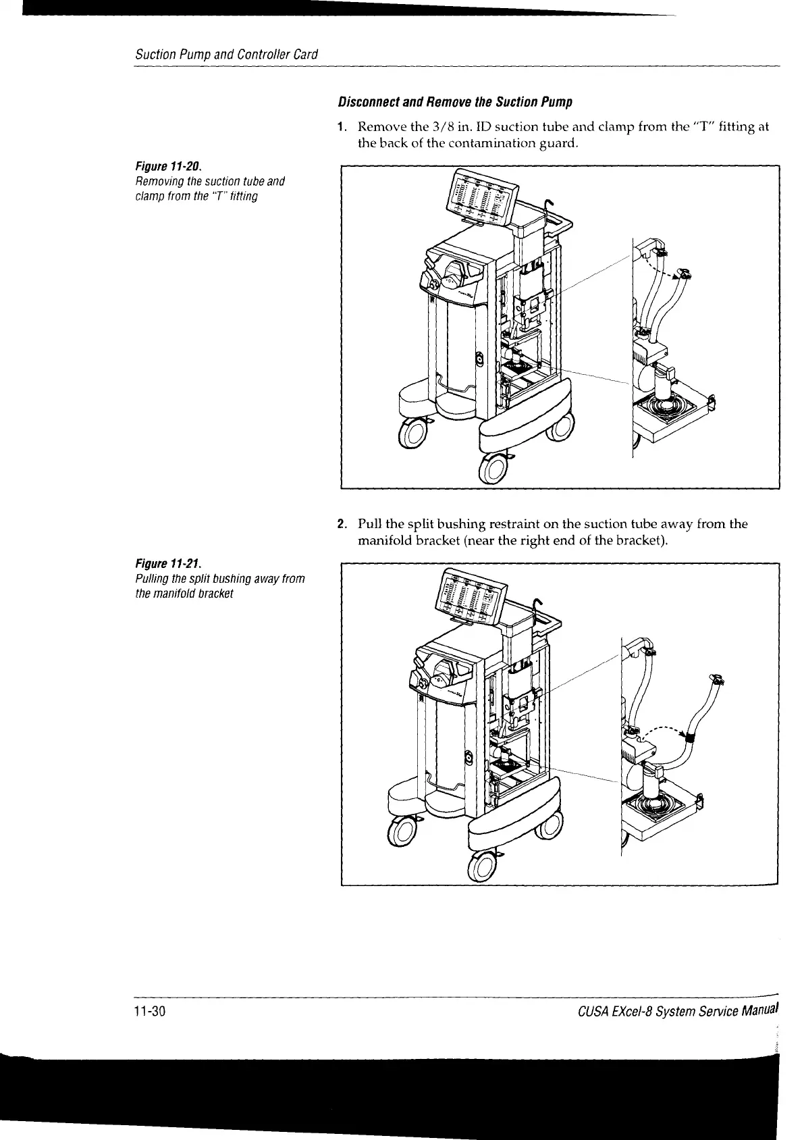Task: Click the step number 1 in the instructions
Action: coord(342,126)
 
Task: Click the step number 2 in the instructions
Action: coord(342,524)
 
